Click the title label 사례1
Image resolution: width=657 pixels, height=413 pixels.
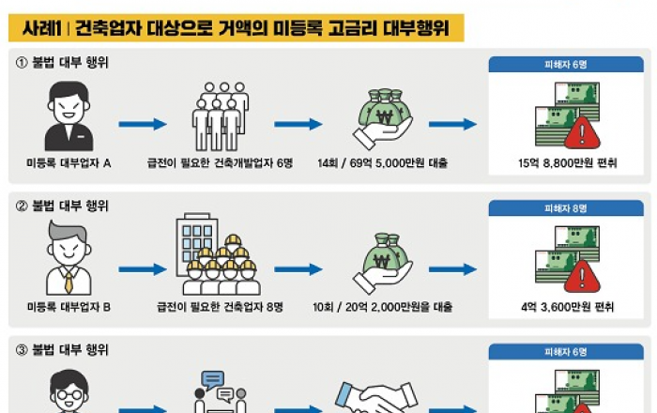point(42,28)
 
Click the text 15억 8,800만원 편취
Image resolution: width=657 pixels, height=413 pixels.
point(568,162)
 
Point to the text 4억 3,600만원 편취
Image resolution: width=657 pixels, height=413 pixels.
point(568,306)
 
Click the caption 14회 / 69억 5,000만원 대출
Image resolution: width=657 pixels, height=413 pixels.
point(382,162)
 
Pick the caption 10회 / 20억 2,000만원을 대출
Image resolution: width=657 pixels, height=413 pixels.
point(382,306)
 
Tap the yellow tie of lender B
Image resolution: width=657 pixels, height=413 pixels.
point(68,279)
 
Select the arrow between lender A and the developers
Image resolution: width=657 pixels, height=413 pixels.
point(143,123)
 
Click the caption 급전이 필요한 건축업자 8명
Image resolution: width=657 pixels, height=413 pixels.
point(218,306)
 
